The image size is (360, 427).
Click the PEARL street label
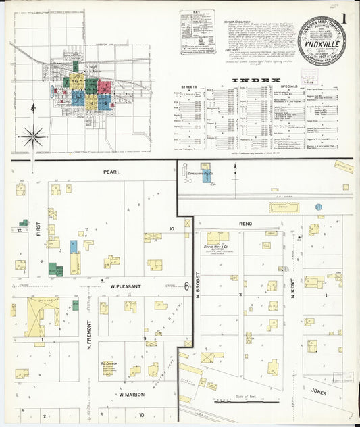111,172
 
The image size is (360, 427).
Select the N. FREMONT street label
88,338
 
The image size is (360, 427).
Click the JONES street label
319,390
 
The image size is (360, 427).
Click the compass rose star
32,137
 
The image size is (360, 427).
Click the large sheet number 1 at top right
343,18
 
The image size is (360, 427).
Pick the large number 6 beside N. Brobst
186,286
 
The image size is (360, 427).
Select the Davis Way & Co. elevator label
217,247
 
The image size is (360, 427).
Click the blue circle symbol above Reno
318,207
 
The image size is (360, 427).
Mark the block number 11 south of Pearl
86,230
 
